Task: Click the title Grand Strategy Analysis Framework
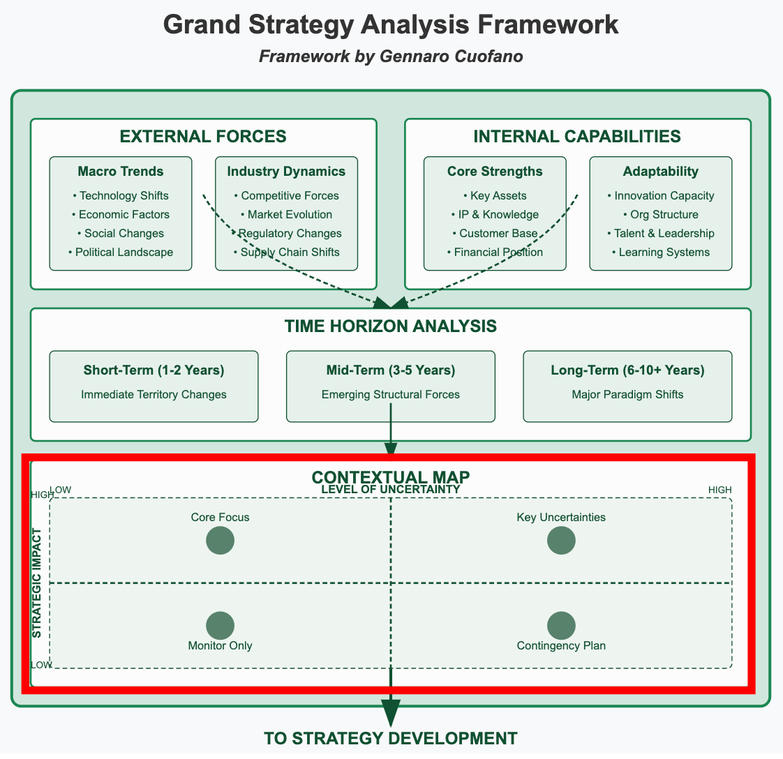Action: click(391, 25)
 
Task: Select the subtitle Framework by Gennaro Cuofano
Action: click(391, 57)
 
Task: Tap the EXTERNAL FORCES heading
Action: click(203, 137)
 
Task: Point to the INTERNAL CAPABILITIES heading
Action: click(577, 137)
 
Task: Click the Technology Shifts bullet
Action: click(121, 196)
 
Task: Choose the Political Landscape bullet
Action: click(121, 252)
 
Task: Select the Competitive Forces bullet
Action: click(286, 196)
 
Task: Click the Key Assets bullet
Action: click(495, 196)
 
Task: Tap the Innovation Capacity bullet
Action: click(661, 196)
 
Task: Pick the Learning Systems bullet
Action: click(661, 252)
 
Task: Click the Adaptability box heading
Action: click(661, 172)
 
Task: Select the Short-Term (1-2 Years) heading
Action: click(154, 370)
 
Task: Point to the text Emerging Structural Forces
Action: click(391, 395)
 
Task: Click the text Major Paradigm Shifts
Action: click(627, 395)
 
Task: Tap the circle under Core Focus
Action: click(220, 541)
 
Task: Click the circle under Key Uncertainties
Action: click(561, 541)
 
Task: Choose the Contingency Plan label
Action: click(561, 646)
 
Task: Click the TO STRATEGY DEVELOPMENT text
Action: click(391, 739)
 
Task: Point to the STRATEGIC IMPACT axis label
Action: click(37, 583)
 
